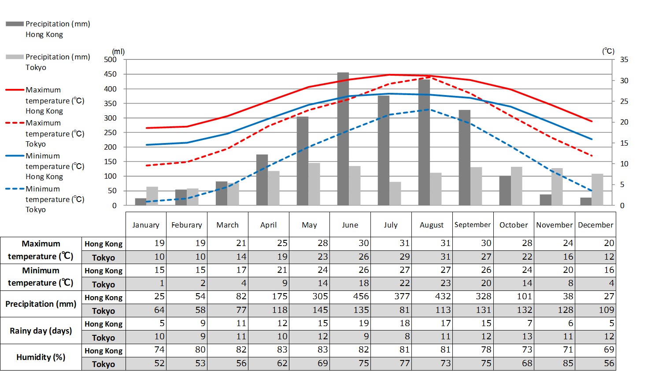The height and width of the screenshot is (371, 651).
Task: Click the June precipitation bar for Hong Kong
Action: click(343, 139)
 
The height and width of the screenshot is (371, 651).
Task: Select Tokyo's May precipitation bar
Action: click(314, 184)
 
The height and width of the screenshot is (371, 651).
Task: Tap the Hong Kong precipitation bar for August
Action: click(424, 142)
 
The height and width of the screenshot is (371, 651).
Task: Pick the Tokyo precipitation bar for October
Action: click(517, 186)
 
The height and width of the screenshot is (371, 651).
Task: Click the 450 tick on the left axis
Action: click(111, 74)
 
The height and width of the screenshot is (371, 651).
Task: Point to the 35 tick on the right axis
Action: click(624, 60)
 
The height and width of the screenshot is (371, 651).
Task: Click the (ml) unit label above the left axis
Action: click(118, 51)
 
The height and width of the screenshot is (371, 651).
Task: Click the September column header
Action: click(473, 225)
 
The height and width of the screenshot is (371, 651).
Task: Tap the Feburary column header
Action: click(187, 225)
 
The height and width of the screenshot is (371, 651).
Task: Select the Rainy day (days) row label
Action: click(41, 331)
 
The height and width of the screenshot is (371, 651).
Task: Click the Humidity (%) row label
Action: click(41, 357)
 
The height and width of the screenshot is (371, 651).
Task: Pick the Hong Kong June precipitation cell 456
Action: click(350, 297)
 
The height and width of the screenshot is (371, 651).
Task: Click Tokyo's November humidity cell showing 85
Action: click(555, 364)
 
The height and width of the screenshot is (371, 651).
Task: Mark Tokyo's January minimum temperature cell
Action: click(146, 283)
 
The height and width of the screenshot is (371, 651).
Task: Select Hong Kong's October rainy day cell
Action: click(514, 323)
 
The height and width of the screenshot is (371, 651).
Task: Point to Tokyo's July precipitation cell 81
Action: click(391, 310)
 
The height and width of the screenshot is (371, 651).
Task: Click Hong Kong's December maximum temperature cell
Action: click(596, 243)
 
